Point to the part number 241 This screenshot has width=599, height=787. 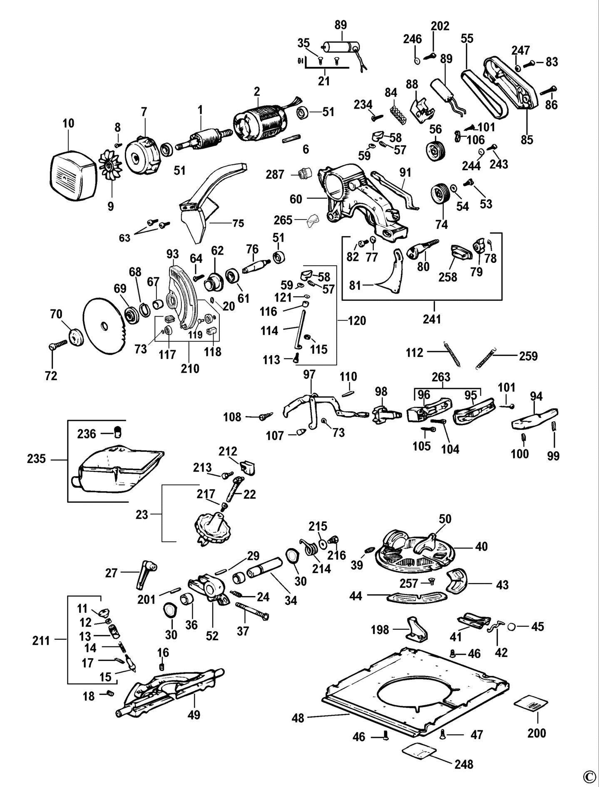[x=434, y=320]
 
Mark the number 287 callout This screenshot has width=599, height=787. [x=275, y=174]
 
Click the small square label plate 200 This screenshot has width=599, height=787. [x=531, y=704]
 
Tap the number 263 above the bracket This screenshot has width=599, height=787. [x=441, y=377]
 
